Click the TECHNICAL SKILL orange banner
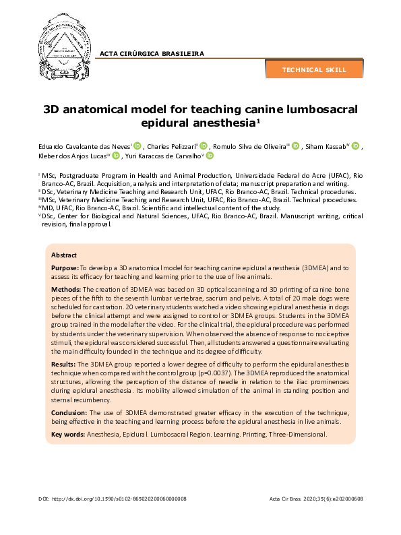[x=314, y=69]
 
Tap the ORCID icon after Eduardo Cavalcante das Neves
[x=137, y=146]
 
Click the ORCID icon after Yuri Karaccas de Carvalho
[x=210, y=156]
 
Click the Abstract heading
[x=64, y=255]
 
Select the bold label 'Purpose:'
[x=65, y=267]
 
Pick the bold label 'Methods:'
[x=66, y=289]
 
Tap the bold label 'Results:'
[x=65, y=363]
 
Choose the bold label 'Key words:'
[x=68, y=435]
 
